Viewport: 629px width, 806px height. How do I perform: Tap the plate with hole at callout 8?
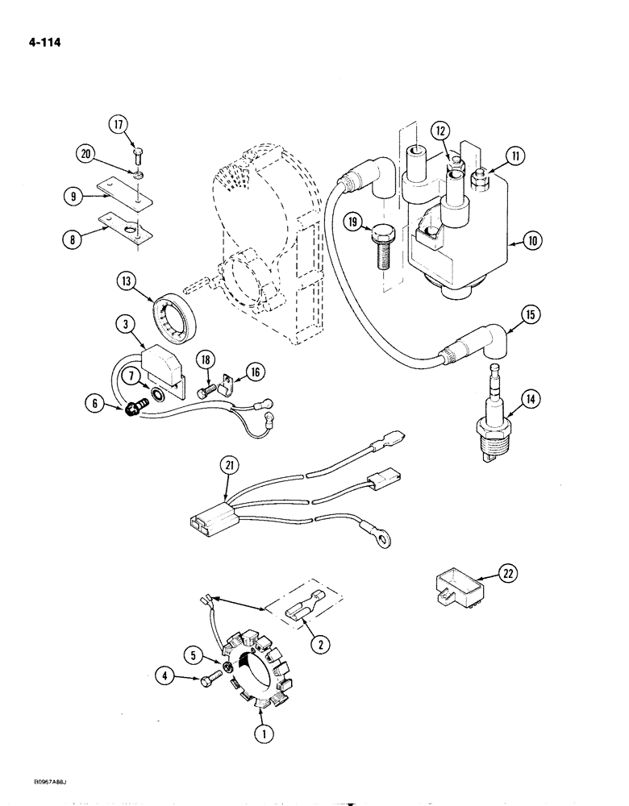point(125,228)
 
